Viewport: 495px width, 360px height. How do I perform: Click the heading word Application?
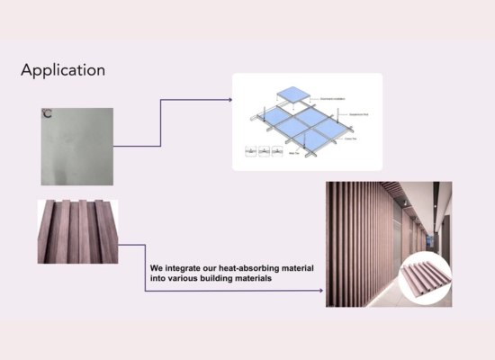(x=62, y=70)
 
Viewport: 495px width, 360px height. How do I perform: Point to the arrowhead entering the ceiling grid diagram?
(x=229, y=99)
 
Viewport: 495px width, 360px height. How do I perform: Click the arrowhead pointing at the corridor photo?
(x=320, y=291)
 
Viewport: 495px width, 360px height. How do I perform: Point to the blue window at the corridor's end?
(x=420, y=238)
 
